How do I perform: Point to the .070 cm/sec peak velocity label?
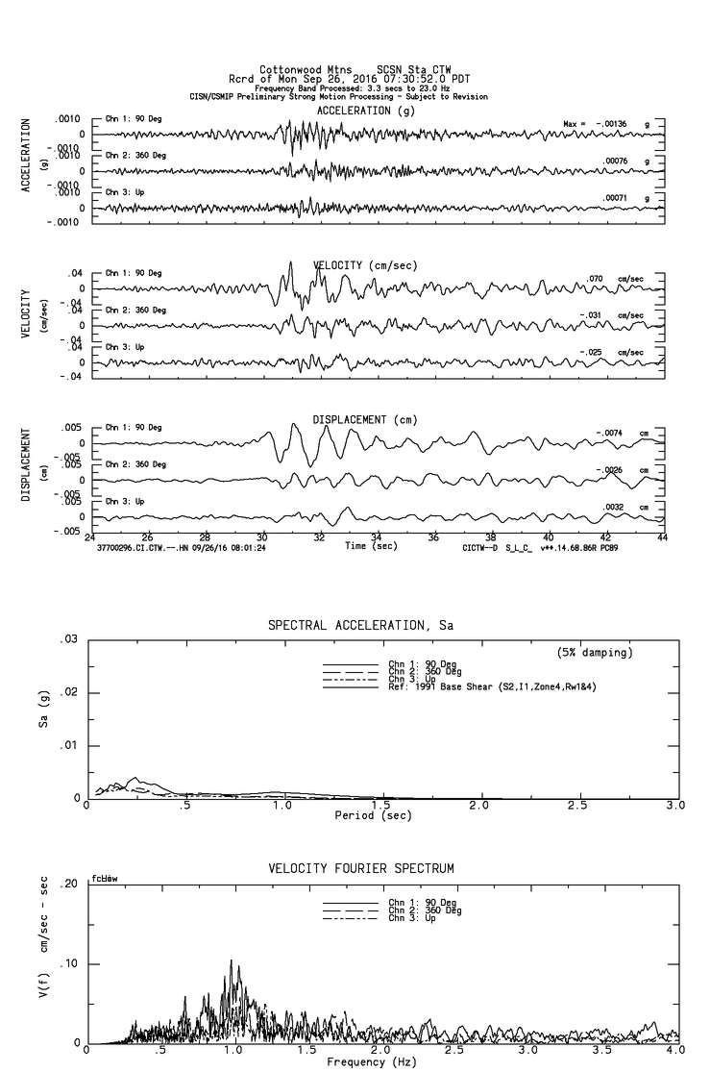coord(596,278)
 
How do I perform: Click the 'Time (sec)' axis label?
coord(370,546)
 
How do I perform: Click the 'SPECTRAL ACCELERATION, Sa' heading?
coord(360,626)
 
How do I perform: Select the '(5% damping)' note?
coord(596,653)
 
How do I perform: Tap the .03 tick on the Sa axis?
coord(68,639)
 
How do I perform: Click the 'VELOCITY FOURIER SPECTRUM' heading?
coord(361,869)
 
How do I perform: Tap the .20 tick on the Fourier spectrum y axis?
coord(68,885)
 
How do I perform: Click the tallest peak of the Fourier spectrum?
coord(231,960)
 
